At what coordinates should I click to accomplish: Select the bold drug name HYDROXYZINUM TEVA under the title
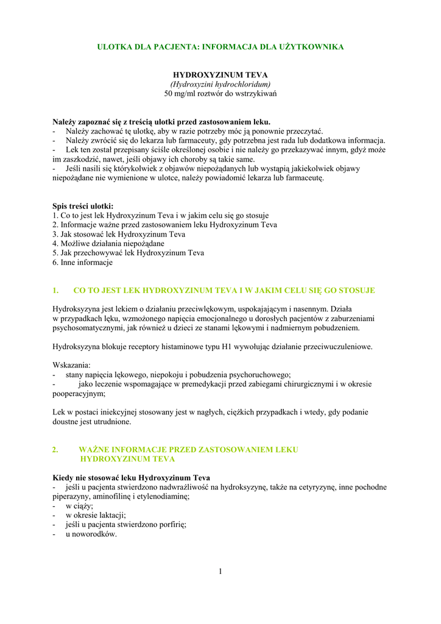click(220, 75)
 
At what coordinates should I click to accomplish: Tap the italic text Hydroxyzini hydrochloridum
click(220, 84)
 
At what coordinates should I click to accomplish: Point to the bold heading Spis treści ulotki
click(83, 206)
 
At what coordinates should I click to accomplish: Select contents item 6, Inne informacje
click(83, 263)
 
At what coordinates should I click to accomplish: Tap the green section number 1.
click(55, 291)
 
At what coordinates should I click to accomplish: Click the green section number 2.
click(55, 450)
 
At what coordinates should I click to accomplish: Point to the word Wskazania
click(71, 365)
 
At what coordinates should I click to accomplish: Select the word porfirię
click(171, 525)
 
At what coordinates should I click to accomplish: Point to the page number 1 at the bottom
click(220, 571)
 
